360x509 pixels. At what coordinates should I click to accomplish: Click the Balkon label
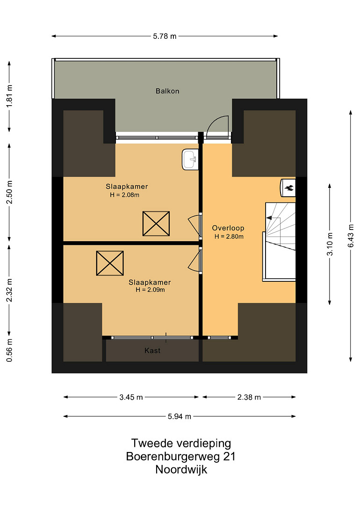167,91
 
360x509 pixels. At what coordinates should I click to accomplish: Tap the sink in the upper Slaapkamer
190,159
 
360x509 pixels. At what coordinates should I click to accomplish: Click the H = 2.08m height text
125,195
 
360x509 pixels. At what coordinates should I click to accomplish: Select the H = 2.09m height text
150,290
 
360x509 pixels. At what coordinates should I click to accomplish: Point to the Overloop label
228,228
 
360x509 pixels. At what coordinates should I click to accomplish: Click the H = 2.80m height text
229,237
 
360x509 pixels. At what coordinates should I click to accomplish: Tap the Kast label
152,351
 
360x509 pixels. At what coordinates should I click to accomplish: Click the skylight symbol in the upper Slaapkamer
156,224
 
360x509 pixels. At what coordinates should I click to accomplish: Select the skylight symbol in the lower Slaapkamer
110,263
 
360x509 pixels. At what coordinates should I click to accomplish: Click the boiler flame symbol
289,187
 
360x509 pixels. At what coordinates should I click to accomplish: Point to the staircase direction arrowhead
269,217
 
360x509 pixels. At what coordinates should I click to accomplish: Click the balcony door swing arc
216,123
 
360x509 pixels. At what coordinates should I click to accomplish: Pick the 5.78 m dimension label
165,36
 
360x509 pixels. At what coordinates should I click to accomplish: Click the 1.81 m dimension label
9,96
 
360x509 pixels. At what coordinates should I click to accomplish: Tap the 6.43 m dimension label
351,236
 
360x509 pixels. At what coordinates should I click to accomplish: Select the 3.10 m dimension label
330,244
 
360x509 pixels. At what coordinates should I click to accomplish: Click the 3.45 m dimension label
131,397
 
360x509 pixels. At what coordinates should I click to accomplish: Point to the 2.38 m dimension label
249,397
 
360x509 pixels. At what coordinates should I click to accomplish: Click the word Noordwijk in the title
181,470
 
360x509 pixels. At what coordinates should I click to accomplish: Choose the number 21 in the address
229,456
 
